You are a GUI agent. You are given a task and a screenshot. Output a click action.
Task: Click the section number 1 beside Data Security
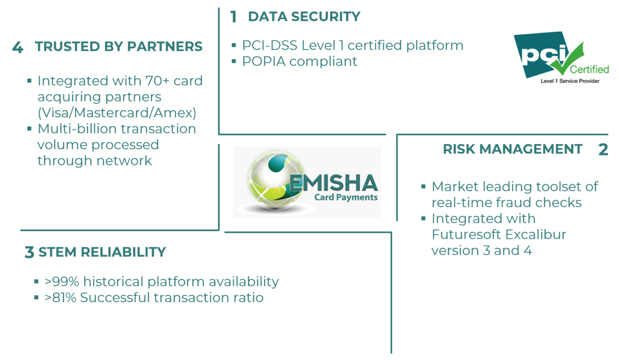pos(234,17)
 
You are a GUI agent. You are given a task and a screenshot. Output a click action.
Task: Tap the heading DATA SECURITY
pos(304,16)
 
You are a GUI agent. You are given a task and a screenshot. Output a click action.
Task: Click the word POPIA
pos(264,61)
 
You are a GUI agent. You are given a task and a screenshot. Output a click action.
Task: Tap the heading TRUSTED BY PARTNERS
pos(118,47)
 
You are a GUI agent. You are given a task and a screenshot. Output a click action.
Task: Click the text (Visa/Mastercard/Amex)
pos(117,113)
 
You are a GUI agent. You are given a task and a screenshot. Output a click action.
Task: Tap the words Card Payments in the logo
pos(346,197)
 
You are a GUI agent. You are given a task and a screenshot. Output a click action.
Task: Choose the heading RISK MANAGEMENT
pos(513,149)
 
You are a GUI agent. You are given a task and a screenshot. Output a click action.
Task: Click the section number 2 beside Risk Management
pos(603,150)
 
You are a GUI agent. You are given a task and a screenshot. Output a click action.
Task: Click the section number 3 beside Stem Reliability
pos(29,253)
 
